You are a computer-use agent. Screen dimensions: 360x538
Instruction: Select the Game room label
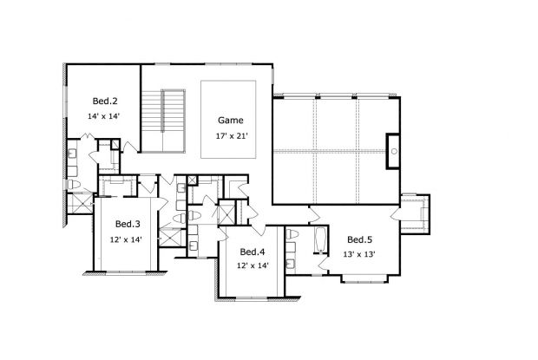[x=230, y=121]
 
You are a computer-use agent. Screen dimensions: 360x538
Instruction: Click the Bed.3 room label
[x=128, y=223]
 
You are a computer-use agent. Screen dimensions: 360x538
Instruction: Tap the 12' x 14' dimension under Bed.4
[x=252, y=265]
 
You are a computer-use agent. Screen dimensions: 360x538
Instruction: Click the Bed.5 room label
[x=360, y=239]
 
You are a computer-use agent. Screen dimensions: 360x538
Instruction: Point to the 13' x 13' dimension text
[x=360, y=254]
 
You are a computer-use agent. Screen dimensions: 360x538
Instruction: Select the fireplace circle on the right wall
[x=393, y=151]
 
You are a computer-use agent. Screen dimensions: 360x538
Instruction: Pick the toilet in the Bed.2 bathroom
[x=75, y=186]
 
